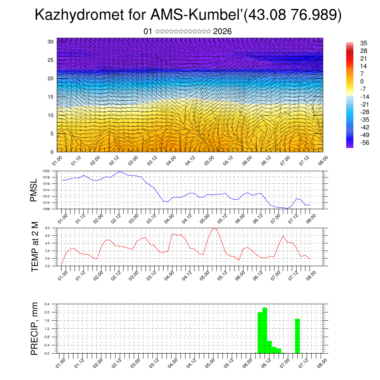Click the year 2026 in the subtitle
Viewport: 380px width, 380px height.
pyautogui.click(x=222, y=32)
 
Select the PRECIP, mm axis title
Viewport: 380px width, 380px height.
pyautogui.click(x=35, y=328)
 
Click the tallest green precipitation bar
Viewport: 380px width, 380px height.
pyautogui.click(x=265, y=330)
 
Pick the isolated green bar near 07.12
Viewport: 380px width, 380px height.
pyautogui.click(x=297, y=336)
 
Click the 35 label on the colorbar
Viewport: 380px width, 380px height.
pyautogui.click(x=364, y=43)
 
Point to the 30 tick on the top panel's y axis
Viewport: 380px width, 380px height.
pyautogui.click(x=50, y=42)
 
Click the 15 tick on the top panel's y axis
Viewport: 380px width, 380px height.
pyautogui.click(x=50, y=97)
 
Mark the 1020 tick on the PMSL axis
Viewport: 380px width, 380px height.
pyautogui.click(x=46, y=171)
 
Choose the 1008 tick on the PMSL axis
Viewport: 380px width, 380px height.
pyautogui.click(x=46, y=209)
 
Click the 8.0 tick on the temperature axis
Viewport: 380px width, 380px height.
pyautogui.click(x=47, y=228)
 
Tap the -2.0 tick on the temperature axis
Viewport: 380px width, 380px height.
pyautogui.click(x=47, y=266)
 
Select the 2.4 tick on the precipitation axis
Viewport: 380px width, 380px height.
pyautogui.click(x=47, y=304)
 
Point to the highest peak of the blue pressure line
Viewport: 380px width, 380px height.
pyautogui.click(x=119, y=171)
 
